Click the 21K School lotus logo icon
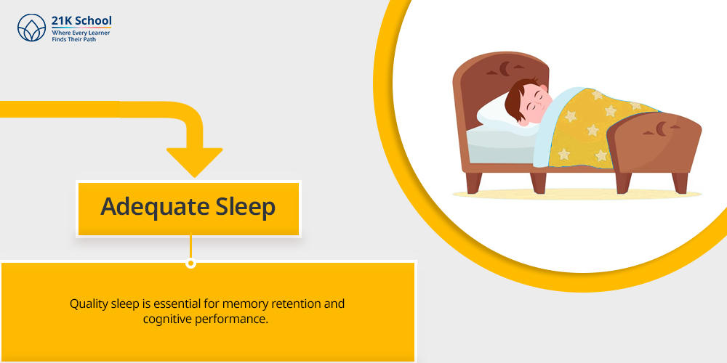click(31, 28)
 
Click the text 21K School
click(81, 21)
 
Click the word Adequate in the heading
click(148, 208)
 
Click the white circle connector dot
click(190, 264)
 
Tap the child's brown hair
click(516, 99)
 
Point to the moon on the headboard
click(505, 69)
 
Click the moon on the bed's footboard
click(661, 129)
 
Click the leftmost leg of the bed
click(474, 182)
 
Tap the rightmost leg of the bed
click(680, 183)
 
